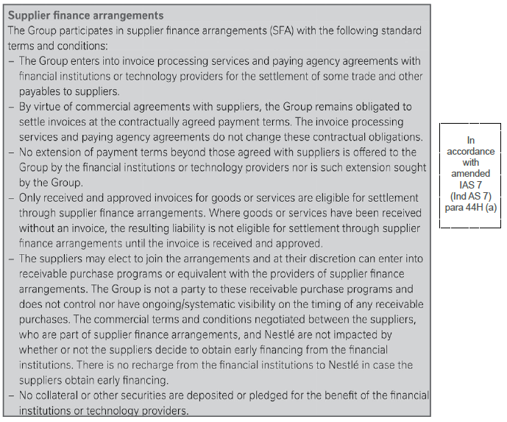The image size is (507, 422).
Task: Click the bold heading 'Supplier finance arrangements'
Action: tap(85, 15)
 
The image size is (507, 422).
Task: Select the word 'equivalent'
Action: tap(189, 274)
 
